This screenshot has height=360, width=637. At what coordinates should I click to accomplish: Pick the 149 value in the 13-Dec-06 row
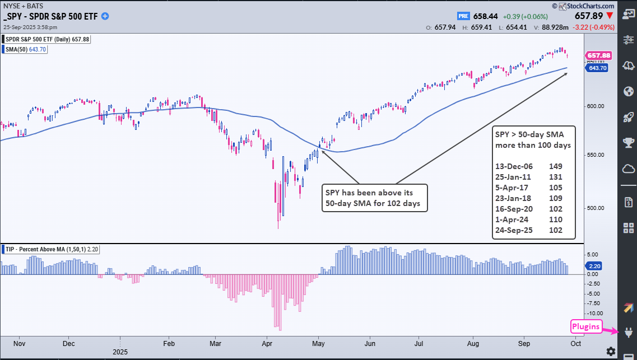(556, 166)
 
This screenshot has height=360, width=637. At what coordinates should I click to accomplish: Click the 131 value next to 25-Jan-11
(556, 177)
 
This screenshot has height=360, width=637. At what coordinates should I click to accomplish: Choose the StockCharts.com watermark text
(586, 6)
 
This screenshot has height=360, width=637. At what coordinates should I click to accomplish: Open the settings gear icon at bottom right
(611, 351)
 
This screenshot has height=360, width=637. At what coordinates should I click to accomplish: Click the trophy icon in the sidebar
(627, 142)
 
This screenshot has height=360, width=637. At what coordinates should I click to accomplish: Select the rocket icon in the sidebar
(627, 116)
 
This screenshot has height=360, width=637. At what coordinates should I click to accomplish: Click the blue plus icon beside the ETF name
(105, 16)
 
